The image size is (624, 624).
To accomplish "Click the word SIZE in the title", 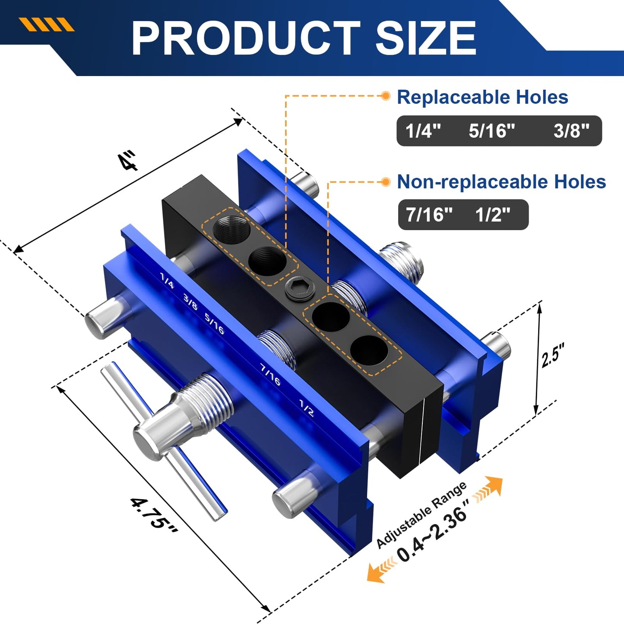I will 425,38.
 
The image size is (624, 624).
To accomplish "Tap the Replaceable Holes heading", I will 482,97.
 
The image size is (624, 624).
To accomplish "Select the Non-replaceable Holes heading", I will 501,182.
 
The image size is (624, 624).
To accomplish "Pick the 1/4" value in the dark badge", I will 423,130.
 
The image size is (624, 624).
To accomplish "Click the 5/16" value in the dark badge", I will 492,130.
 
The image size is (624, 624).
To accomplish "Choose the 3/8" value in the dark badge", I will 571,130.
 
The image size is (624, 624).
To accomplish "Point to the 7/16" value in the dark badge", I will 429,215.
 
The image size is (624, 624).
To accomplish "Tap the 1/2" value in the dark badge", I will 492,215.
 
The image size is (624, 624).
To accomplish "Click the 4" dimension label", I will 128,161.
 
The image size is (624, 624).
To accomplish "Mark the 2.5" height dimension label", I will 553,355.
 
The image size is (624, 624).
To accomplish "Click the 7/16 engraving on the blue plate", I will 270,374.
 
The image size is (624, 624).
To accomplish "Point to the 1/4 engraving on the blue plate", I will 167,280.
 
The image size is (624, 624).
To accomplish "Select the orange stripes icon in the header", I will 47,25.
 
